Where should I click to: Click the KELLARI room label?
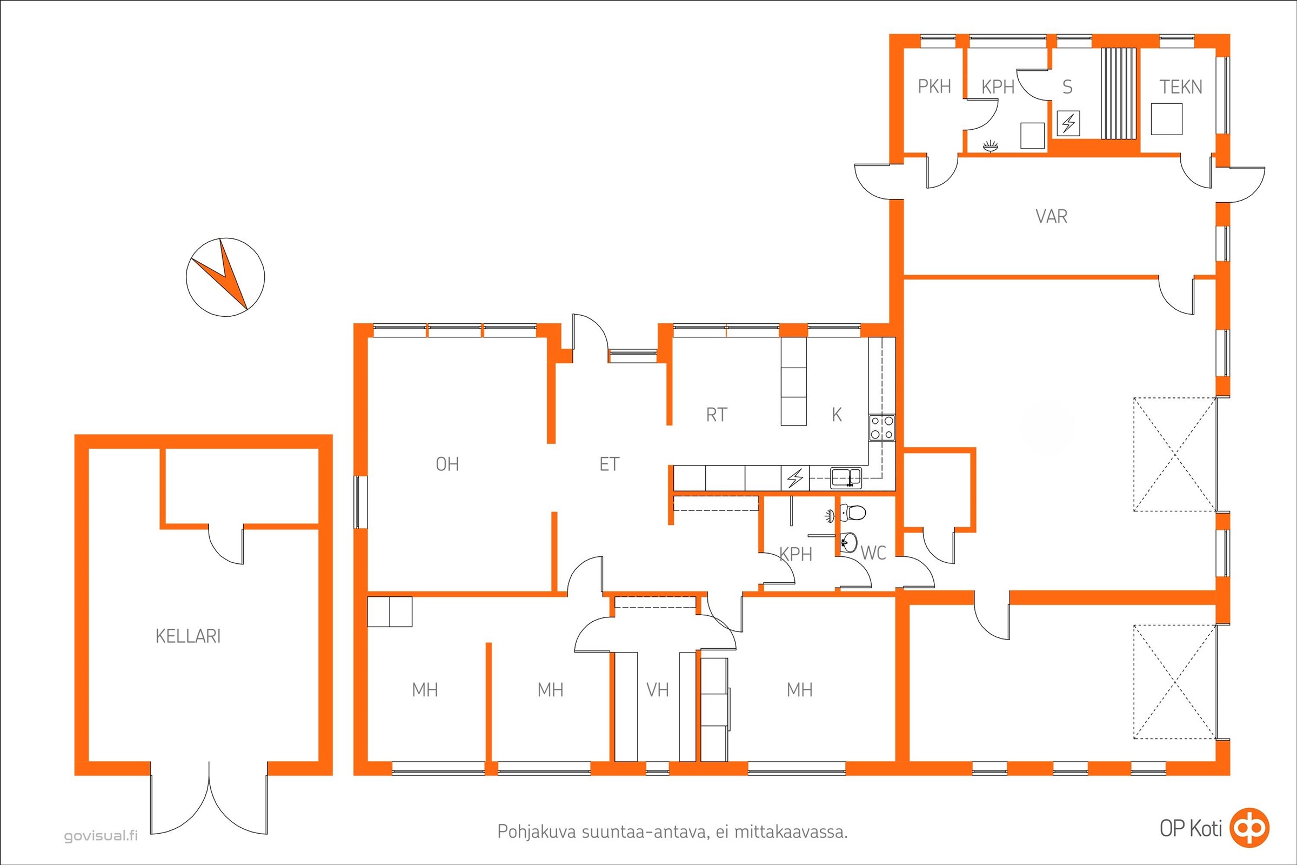click(188, 636)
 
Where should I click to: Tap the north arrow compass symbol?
click(225, 277)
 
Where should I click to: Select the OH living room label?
click(447, 464)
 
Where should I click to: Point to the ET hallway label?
click(610, 464)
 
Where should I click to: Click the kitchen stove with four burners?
click(883, 428)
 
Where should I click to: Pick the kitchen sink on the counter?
click(846, 477)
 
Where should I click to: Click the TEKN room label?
click(1181, 87)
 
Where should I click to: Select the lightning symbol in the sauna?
click(1068, 124)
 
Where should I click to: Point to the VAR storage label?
click(1052, 216)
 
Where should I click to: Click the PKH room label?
click(935, 86)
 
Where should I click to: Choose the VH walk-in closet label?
click(657, 690)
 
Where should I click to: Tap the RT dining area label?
click(717, 415)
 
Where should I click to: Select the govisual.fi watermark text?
click(101, 836)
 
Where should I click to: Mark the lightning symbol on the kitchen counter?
click(795, 478)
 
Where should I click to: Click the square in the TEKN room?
click(1167, 118)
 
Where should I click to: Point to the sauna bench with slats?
click(1119, 93)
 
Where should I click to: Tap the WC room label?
click(873, 553)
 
